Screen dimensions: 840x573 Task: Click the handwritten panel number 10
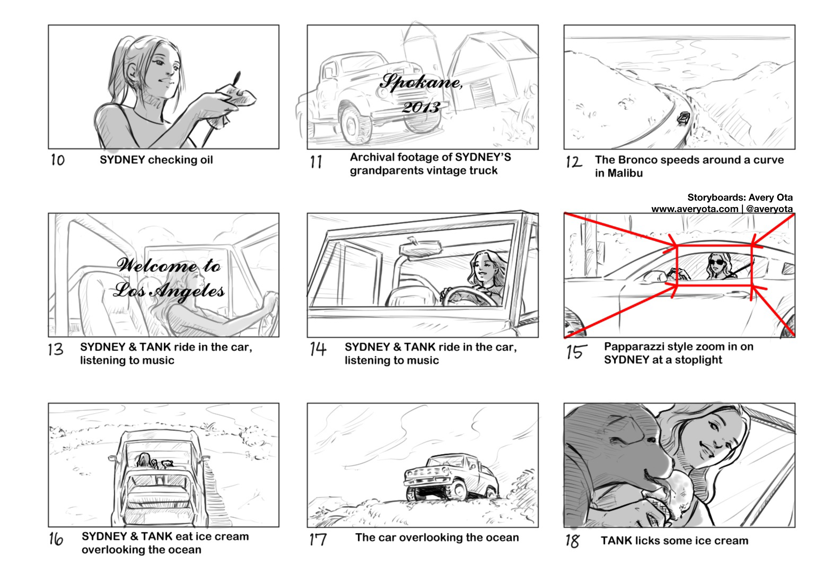57,160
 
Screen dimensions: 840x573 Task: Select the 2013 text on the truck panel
421,107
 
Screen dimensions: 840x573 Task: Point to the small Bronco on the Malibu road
683,118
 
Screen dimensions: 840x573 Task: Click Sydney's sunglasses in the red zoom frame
716,262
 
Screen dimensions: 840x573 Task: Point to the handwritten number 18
573,541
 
